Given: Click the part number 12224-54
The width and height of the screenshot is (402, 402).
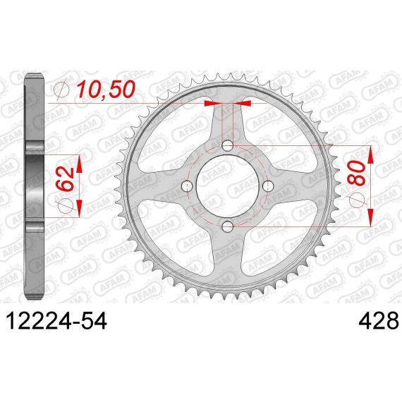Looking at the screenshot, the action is click(x=56, y=321).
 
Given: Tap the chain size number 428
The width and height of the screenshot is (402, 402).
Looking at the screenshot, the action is click(x=379, y=321).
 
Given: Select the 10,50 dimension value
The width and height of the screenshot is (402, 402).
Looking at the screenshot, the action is click(x=106, y=90).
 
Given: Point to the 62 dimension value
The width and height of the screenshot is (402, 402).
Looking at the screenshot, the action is click(x=65, y=177).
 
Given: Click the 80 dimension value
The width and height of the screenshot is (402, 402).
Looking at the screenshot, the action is click(x=357, y=173).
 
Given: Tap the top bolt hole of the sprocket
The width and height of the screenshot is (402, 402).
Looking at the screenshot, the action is click(x=227, y=146).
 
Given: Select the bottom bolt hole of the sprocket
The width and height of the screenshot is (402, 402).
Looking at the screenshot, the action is click(x=227, y=226).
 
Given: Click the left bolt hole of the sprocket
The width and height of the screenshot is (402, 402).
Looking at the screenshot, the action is click(x=187, y=186).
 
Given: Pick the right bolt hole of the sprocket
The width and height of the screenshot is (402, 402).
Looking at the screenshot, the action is click(x=268, y=186).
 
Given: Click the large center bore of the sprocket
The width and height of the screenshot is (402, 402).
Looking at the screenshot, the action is click(x=227, y=186).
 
